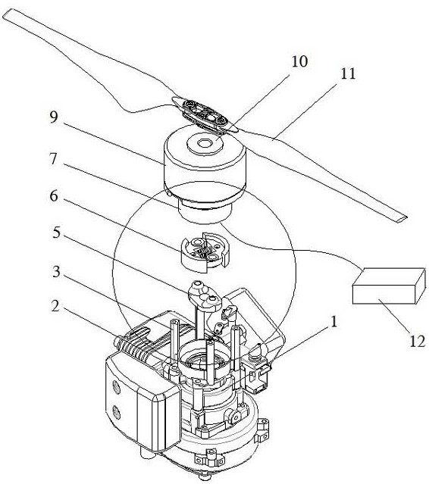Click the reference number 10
[x=299, y=61]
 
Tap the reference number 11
[x=348, y=74]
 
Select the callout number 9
[x=54, y=117]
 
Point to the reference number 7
[x=53, y=159]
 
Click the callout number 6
[x=54, y=195]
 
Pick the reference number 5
[x=56, y=233]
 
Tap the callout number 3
[x=56, y=272]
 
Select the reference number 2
[x=55, y=306]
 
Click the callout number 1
[x=333, y=322]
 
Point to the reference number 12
[x=418, y=342]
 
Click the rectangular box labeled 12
[x=389, y=286]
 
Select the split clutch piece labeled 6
[x=205, y=251]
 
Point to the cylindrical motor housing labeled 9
[x=205, y=162]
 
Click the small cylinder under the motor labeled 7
[x=205, y=211]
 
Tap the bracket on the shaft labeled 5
[x=205, y=296]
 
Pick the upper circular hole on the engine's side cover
[x=117, y=387]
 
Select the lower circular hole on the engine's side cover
[x=117, y=412]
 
